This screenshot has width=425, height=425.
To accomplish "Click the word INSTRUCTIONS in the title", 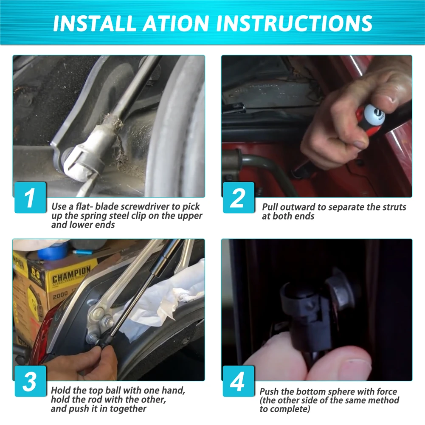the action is (x=294, y=23).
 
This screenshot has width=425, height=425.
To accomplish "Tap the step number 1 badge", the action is (x=30, y=197).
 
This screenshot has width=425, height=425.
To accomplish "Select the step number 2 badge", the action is (x=239, y=197).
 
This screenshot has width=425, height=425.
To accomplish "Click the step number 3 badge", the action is (x=30, y=381).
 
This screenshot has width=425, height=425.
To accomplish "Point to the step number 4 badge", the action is (x=239, y=381).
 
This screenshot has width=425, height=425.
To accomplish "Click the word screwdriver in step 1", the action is (x=145, y=206).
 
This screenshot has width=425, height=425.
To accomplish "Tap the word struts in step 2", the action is (x=394, y=207).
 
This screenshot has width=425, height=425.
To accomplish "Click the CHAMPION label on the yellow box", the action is (x=71, y=275).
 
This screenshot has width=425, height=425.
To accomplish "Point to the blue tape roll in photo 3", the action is (x=52, y=251).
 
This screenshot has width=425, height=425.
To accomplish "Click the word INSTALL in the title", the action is (x=94, y=23).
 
